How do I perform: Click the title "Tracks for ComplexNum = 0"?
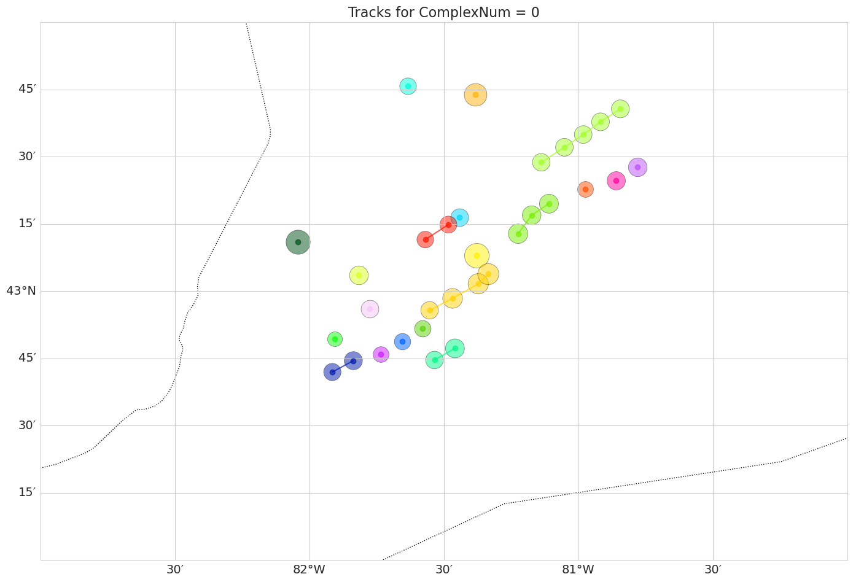443,12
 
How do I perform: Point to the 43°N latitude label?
21,291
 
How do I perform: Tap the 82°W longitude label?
309,570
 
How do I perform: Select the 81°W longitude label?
578,570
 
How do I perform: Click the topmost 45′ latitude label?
27,89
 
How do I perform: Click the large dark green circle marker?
298,242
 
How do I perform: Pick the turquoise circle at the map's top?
408,86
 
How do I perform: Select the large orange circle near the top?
475,95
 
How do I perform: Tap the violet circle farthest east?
637,167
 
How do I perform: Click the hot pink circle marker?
616,180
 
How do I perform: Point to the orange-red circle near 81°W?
585,189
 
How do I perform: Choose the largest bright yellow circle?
477,255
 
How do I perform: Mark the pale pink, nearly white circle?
370,309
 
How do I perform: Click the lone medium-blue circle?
402,342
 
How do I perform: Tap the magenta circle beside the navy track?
381,354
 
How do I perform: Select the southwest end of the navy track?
332,372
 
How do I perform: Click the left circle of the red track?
425,239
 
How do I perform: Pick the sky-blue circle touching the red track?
459,217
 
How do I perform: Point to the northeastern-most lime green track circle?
620,109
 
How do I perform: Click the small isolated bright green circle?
335,339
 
